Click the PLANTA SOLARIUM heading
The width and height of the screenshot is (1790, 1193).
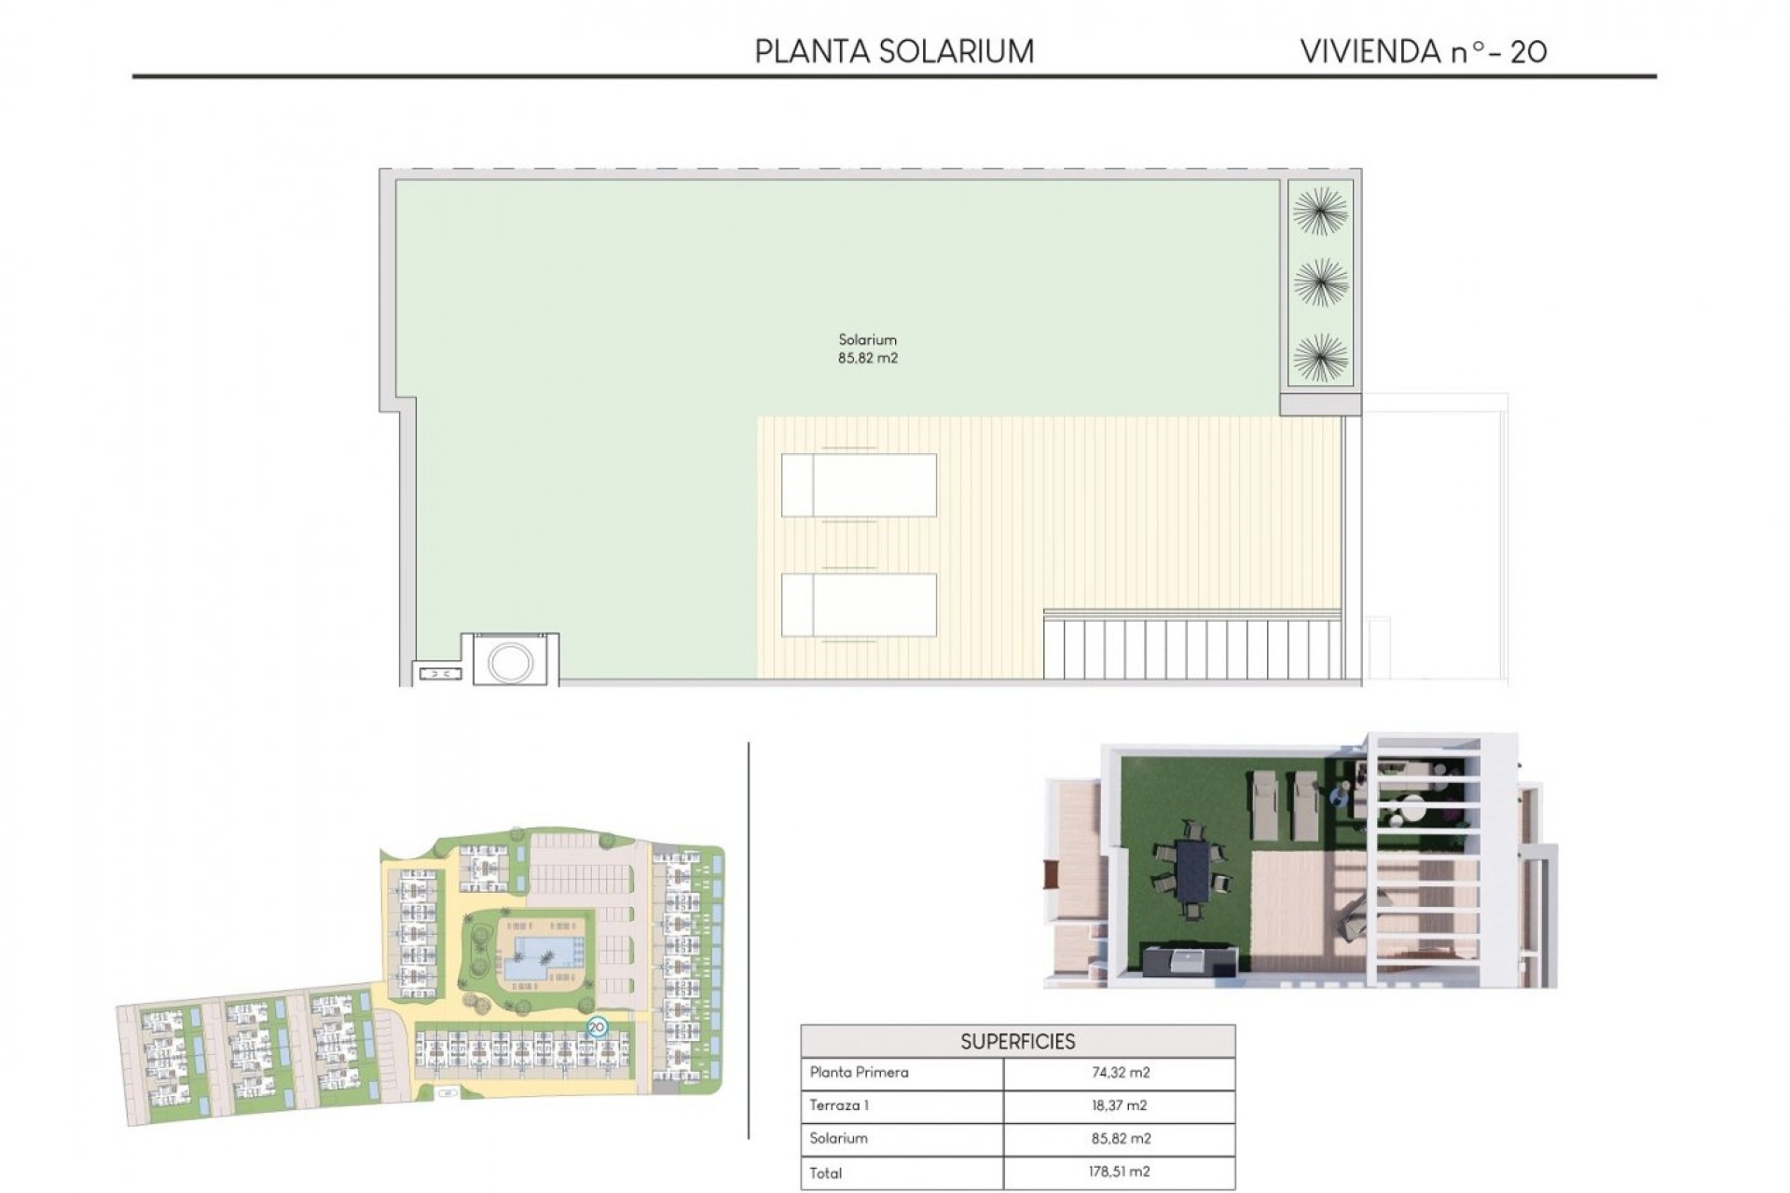pos(894,51)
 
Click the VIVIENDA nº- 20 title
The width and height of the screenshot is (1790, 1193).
pos(1423,51)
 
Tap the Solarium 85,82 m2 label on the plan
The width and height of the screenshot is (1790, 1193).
pos(867,349)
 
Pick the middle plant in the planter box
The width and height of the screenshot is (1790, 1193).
pos(1320,282)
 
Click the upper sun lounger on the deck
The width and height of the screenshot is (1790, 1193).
pos(859,485)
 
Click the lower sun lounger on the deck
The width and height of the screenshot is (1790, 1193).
pos(859,605)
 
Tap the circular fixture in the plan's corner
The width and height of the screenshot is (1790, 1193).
pos(511,662)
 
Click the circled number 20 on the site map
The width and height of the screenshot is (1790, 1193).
pos(597,1027)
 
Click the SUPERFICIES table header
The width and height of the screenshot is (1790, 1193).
pos(1017,1041)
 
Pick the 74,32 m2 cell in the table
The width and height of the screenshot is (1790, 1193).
pos(1120,1073)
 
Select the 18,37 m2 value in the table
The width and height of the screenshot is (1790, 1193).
pos(1120,1105)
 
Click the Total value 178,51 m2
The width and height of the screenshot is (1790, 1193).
pos(1120,1172)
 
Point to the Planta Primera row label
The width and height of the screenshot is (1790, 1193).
pos(859,1073)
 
